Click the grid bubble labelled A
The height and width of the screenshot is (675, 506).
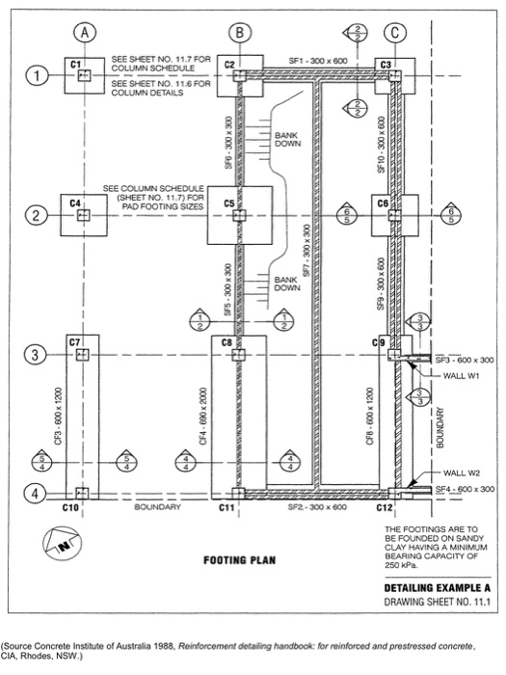86,33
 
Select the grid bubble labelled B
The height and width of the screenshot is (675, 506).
238,33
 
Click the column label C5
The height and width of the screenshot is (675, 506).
228,203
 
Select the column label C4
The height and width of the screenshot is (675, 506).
75,202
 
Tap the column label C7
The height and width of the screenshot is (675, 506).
74,341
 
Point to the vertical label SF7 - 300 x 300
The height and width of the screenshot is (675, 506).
306,253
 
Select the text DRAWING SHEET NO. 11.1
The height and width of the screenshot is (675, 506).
435,603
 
